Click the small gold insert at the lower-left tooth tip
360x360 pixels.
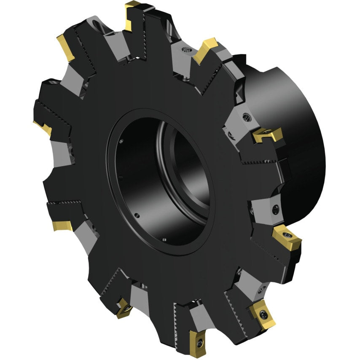(62, 226)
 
